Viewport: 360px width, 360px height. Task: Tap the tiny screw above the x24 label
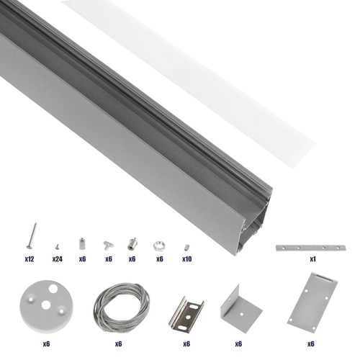point(56,244)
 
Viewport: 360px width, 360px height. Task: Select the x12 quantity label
point(30,258)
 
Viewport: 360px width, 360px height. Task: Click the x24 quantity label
point(57,258)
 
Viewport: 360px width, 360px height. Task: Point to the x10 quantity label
point(186,258)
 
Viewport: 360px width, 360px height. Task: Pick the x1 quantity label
point(313,258)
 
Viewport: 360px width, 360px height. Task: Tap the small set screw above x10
point(186,246)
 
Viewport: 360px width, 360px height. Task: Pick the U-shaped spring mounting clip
point(186,312)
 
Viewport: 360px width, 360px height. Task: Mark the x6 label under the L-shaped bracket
point(238,344)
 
